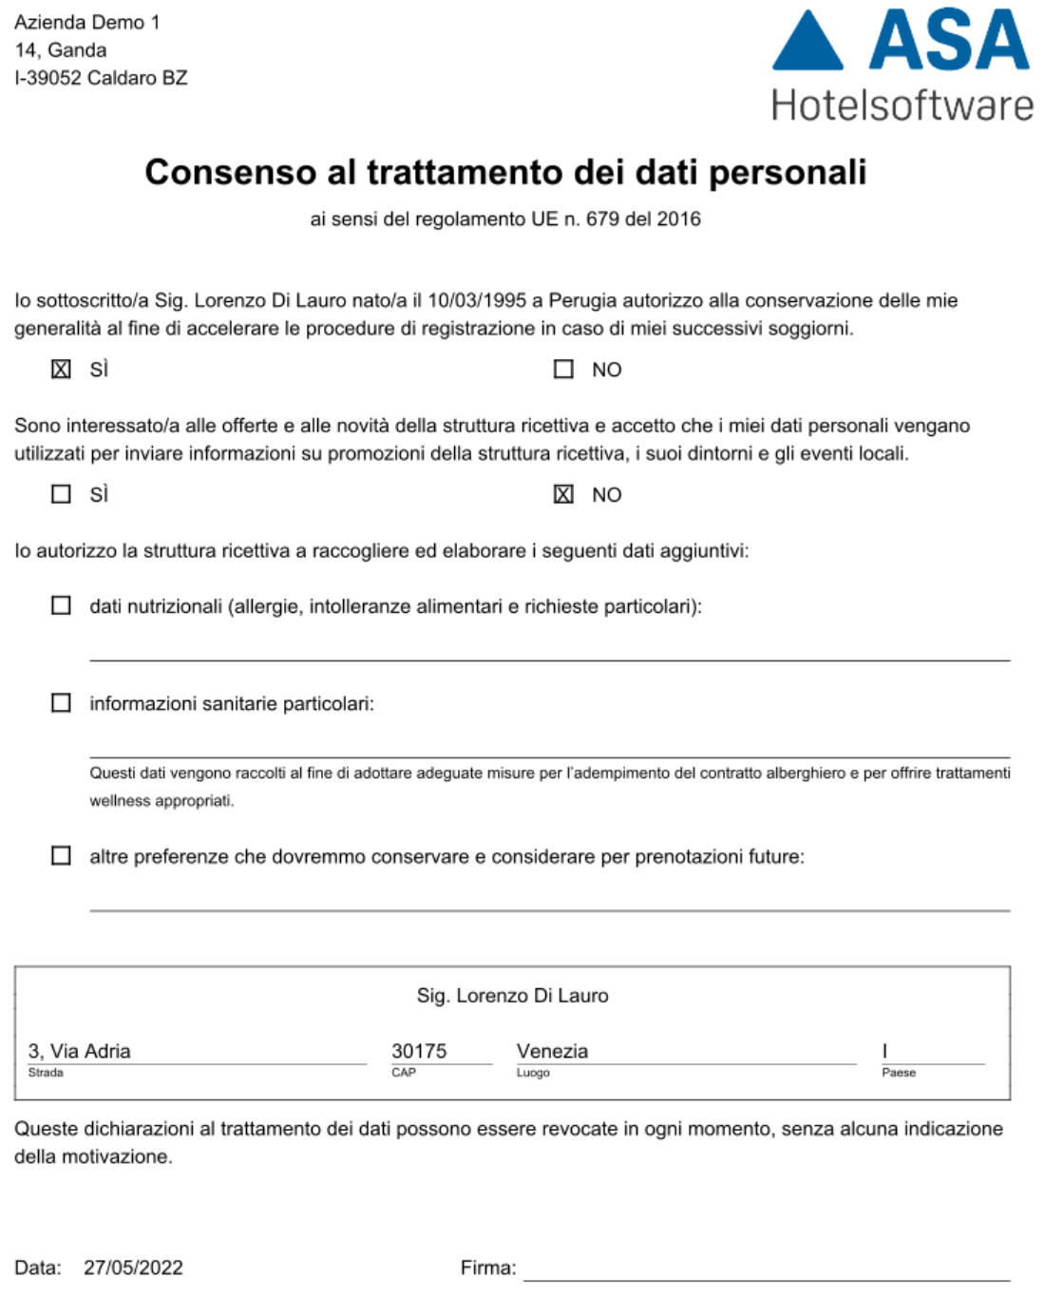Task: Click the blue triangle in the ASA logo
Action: (x=807, y=46)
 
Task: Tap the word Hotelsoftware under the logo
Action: (x=902, y=105)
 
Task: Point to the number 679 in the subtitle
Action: (x=602, y=219)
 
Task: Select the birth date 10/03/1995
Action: (x=477, y=301)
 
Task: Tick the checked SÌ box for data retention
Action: (x=61, y=369)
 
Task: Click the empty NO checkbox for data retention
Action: (x=563, y=369)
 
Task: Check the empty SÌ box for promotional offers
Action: (x=61, y=494)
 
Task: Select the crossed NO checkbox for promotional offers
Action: (x=563, y=494)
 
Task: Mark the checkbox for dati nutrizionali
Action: (x=61, y=606)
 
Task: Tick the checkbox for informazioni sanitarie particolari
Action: (x=61, y=703)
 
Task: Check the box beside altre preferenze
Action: (x=61, y=856)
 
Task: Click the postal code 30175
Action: (x=419, y=1051)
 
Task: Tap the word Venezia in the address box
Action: (x=552, y=1051)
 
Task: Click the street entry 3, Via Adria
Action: (x=80, y=1051)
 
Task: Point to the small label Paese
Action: (x=899, y=1073)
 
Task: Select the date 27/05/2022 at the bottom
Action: (x=133, y=1268)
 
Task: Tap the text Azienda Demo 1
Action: (x=87, y=23)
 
